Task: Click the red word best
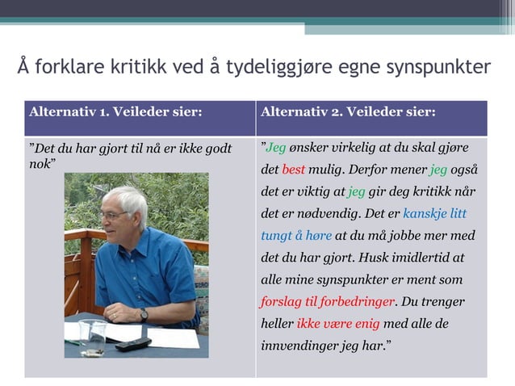(x=293, y=170)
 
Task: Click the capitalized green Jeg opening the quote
(x=276, y=149)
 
